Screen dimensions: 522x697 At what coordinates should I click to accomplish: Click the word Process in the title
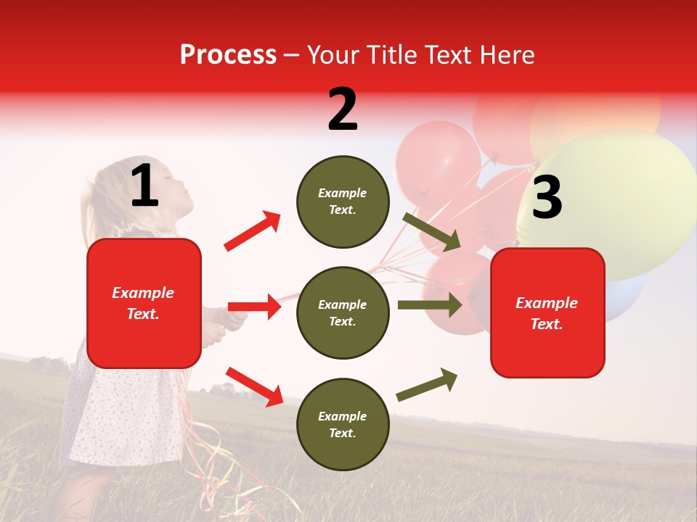[x=228, y=55]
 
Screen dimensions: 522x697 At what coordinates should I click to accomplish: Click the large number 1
[x=144, y=186]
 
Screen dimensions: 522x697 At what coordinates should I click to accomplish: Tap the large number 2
[x=343, y=109]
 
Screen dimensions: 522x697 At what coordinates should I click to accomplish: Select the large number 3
[x=547, y=197]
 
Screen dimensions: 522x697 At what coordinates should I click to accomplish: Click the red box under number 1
[x=144, y=303]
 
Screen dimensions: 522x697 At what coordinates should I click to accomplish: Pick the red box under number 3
[x=547, y=312]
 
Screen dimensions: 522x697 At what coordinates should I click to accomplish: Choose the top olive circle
[x=343, y=202]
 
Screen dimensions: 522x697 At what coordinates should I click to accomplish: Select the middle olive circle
[x=343, y=312]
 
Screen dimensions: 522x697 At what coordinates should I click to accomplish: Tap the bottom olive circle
[x=343, y=424]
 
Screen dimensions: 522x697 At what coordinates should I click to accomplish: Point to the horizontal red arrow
[x=254, y=307]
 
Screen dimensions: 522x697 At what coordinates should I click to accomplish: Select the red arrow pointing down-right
[x=254, y=386]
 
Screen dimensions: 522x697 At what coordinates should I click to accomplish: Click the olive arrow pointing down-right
[x=432, y=231]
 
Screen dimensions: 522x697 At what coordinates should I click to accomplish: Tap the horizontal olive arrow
[x=429, y=305]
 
